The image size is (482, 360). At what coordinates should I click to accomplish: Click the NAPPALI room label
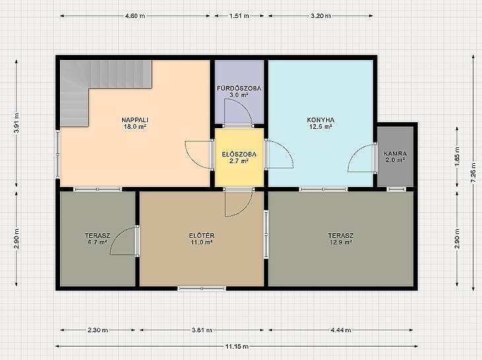(135, 120)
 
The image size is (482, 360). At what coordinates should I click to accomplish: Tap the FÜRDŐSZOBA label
(239, 89)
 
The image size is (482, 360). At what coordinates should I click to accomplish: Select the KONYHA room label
(321, 120)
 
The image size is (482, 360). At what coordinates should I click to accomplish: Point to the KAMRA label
(396, 153)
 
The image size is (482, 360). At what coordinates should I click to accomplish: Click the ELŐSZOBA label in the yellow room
(239, 155)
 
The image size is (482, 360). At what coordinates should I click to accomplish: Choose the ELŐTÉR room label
(201, 236)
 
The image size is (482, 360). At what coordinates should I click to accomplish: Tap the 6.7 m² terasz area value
(98, 242)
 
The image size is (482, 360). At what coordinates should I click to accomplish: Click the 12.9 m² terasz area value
(341, 242)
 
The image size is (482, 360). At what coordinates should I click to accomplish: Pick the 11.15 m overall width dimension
(236, 347)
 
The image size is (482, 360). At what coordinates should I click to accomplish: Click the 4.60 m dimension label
(135, 16)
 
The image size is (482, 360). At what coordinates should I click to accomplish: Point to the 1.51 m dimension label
(239, 16)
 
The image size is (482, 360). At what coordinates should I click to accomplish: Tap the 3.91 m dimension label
(17, 123)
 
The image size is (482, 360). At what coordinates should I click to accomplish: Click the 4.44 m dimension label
(341, 330)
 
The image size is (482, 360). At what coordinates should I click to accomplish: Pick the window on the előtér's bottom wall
(201, 289)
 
